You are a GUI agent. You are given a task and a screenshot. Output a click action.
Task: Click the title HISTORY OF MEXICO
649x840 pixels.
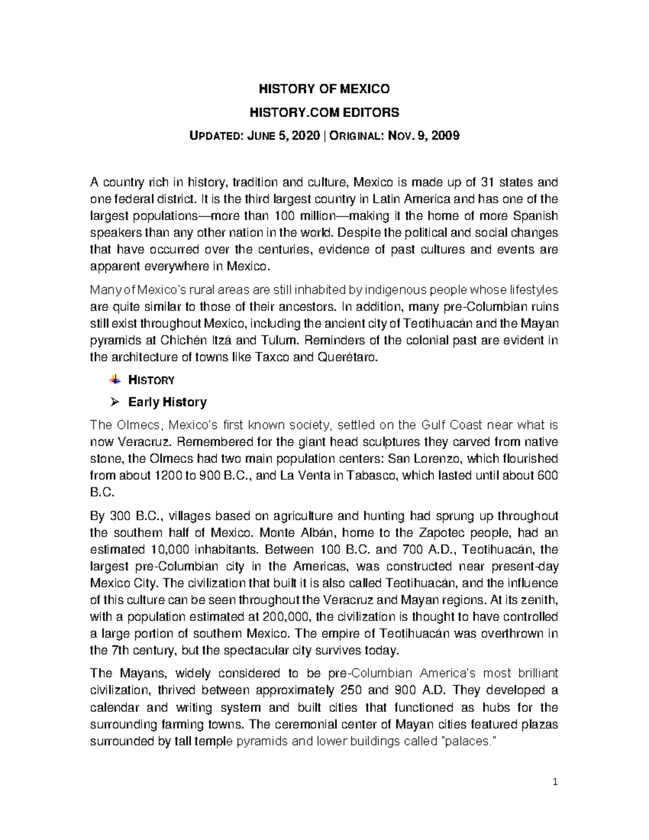[x=324, y=89]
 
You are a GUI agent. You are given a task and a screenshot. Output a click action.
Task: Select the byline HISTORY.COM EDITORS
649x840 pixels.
[x=324, y=113]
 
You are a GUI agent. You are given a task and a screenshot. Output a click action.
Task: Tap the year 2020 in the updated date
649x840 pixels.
[x=305, y=136]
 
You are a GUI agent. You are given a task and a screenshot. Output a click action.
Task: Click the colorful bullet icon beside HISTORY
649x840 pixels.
[x=115, y=380]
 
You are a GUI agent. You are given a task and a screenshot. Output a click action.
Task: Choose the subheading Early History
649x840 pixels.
[x=167, y=402]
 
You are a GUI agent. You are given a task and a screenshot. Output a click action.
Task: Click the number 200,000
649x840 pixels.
[x=286, y=617]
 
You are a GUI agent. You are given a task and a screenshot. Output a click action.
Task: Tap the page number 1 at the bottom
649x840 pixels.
[x=555, y=782]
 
